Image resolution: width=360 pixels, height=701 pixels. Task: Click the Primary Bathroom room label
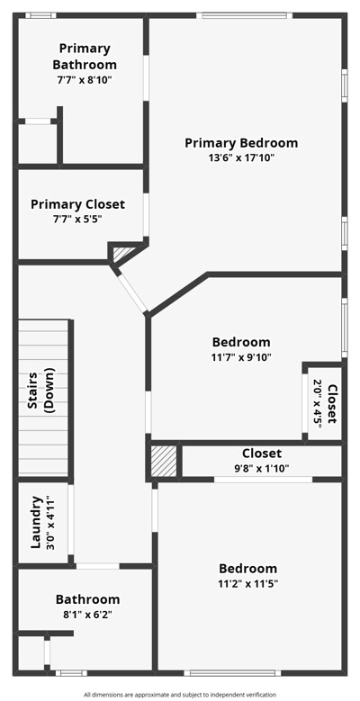tap(85, 57)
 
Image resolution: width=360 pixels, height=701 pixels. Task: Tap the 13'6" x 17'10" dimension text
tap(242, 157)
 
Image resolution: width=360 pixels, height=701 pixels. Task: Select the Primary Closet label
tap(77, 204)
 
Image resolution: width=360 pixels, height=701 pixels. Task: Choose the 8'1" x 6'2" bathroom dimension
tap(87, 615)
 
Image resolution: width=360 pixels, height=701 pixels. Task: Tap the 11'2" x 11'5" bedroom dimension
tap(247, 583)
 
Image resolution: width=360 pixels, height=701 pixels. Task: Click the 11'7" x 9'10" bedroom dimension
tap(241, 356)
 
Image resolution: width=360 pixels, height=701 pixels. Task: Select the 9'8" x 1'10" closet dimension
tap(262, 468)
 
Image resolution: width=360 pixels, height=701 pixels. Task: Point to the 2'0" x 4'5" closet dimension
tap(318, 404)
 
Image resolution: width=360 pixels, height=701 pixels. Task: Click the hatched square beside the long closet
tap(164, 461)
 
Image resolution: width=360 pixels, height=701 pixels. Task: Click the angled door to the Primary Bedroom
tap(133, 292)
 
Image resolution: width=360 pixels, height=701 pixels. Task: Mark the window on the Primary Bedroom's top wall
tap(244, 15)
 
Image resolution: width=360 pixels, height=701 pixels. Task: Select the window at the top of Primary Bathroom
tap(40, 15)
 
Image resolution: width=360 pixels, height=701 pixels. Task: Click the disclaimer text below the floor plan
tap(180, 695)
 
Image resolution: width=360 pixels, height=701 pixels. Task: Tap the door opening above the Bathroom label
tap(97, 566)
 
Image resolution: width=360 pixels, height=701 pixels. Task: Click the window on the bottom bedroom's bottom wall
tap(232, 672)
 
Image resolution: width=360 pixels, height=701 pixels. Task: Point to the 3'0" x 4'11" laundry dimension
tap(49, 522)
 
